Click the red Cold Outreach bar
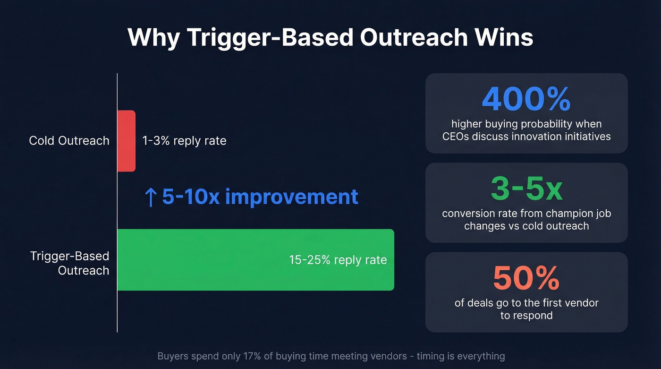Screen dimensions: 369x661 click(126, 141)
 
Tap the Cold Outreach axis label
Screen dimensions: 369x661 click(69, 141)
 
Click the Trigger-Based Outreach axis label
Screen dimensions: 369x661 click(70, 263)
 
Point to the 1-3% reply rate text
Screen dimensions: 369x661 click(184, 141)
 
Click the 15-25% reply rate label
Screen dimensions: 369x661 click(338, 260)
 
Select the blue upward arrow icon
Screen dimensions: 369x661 click(150, 197)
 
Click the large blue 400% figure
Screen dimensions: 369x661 click(526, 99)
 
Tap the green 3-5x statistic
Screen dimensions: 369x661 click(526, 189)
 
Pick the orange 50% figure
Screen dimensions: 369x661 click(526, 278)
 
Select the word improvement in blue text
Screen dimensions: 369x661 click(291, 197)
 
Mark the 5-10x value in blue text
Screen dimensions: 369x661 click(191, 197)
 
